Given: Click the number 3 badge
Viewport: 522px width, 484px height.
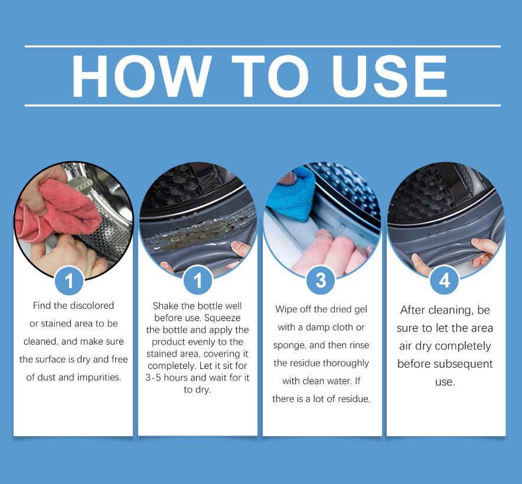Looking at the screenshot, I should [321, 280].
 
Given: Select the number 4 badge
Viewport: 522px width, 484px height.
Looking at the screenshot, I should [445, 280].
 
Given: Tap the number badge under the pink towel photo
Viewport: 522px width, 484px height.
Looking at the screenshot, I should [69, 280].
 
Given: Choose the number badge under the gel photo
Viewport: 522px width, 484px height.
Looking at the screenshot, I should [197, 280].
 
